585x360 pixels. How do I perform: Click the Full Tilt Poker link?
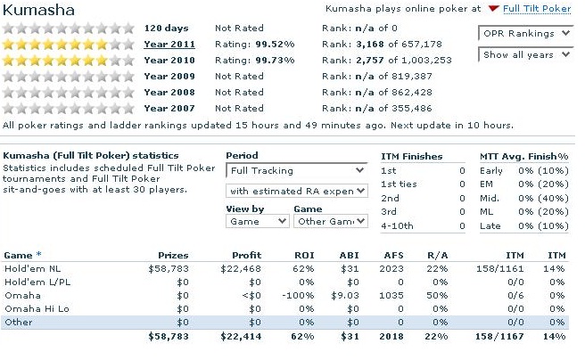tap(537, 9)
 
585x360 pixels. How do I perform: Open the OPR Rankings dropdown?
tap(525, 34)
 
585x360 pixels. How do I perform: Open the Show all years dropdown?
tap(525, 54)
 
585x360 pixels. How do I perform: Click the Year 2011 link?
tap(169, 44)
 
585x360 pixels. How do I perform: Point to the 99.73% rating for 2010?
tap(275, 60)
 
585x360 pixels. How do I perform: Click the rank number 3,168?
tap(370, 45)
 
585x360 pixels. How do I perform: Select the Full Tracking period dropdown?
tap(297, 171)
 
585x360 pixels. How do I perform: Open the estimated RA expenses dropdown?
tap(297, 192)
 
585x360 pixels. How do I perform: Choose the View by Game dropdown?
tap(257, 221)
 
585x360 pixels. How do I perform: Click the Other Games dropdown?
tap(331, 221)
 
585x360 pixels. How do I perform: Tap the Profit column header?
tap(247, 255)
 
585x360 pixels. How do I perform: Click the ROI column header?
tap(304, 255)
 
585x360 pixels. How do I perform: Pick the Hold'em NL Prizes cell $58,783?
tap(169, 269)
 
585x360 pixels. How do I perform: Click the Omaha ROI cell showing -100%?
tap(298, 296)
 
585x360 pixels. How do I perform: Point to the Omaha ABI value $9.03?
tap(345, 296)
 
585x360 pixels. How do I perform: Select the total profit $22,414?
tap(241, 337)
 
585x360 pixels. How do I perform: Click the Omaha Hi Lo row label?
tap(37, 309)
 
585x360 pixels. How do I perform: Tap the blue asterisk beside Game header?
tap(39, 254)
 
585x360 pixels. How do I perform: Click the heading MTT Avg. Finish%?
tap(524, 157)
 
